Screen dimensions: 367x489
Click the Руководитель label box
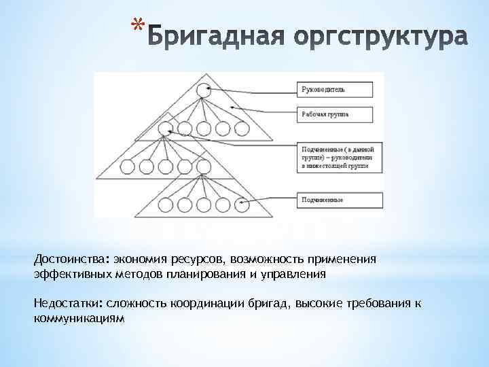pyautogui.click(x=333, y=88)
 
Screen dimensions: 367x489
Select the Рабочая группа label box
pyautogui.click(x=333, y=114)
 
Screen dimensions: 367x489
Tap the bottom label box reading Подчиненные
pyautogui.click(x=333, y=200)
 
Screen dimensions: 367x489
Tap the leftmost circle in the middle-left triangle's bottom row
pyautogui.click(x=127, y=165)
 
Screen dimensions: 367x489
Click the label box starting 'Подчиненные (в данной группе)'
pyautogui.click(x=333, y=156)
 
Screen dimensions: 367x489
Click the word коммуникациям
pyautogui.click(x=79, y=317)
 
